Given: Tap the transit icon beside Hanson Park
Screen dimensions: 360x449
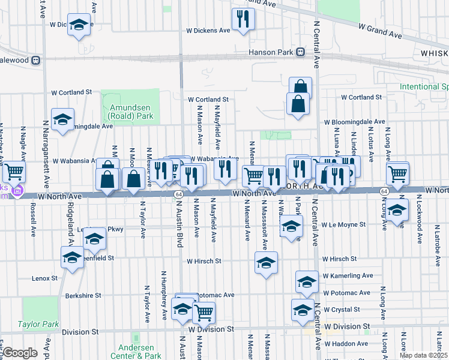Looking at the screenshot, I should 299,52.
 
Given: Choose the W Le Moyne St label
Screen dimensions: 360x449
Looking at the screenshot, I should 343,224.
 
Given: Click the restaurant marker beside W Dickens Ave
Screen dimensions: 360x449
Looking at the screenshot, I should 243,19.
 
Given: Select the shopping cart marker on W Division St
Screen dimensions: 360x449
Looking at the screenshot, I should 203,311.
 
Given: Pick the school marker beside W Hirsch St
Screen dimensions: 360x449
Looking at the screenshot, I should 266,262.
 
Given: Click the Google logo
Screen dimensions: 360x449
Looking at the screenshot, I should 20,353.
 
